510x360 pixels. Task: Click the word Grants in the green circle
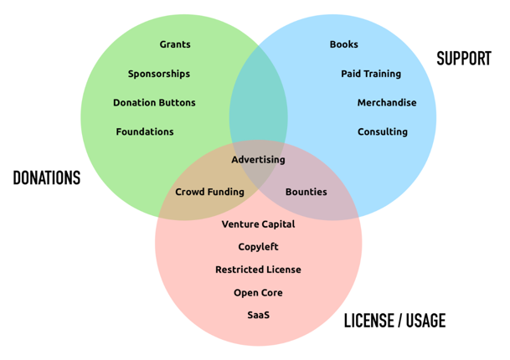(175, 44)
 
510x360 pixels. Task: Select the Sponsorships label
(158, 74)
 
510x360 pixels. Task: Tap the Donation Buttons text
(154, 103)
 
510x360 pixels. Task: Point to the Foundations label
(145, 131)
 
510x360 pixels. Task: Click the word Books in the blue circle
(343, 44)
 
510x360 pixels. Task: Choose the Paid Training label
(371, 74)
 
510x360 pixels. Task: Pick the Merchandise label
(387, 103)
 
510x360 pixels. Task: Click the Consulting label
(383, 131)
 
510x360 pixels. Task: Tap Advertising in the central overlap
(258, 160)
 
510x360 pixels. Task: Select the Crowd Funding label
(209, 192)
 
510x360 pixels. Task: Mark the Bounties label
(307, 192)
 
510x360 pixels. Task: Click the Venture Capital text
(258, 224)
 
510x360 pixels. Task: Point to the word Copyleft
(258, 247)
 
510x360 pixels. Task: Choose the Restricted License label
(258, 270)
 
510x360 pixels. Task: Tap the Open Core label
(258, 293)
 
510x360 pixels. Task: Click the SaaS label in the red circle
(258, 315)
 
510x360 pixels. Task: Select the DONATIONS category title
(47, 178)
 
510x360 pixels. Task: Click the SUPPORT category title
(463, 59)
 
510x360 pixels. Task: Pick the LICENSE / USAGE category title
(394, 321)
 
